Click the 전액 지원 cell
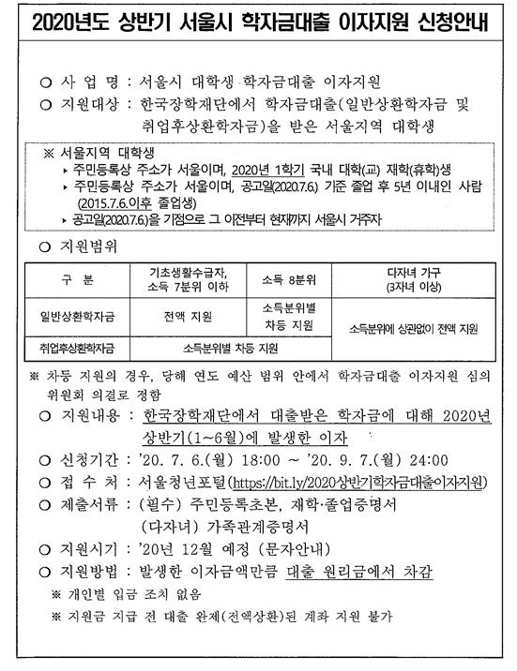click(x=187, y=314)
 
